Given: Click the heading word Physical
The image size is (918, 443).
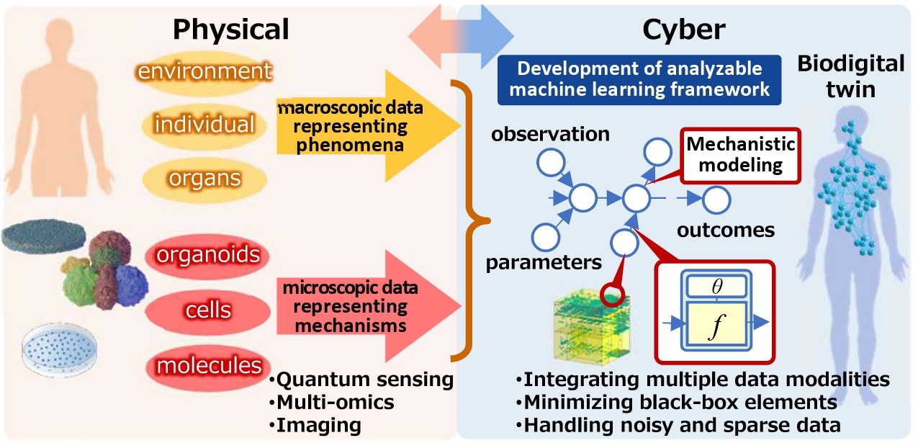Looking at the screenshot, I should click(x=231, y=29).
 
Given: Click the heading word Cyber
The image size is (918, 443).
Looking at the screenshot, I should click(x=684, y=29).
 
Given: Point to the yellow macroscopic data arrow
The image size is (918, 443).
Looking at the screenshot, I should click(x=367, y=123).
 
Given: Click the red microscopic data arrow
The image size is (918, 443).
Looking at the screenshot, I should click(x=367, y=305).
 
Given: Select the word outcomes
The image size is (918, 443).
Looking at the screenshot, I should click(x=725, y=230).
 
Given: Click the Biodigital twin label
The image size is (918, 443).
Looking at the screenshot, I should click(x=850, y=77).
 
